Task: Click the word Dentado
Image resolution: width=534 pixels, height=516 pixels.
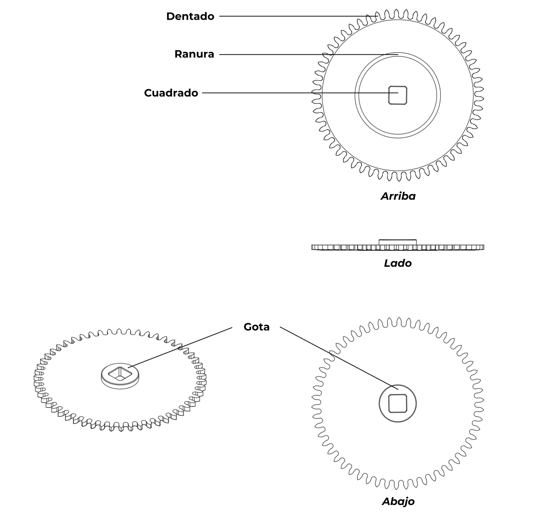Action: [190, 16]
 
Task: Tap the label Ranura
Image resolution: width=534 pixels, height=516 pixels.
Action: [194, 54]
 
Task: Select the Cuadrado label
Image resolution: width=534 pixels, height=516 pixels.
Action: [171, 93]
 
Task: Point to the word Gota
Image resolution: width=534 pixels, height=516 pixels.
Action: [256, 327]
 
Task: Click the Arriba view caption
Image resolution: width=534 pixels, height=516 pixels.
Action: [398, 196]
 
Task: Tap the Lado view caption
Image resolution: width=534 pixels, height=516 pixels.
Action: [398, 263]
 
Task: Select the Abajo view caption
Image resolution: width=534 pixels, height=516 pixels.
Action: [398, 501]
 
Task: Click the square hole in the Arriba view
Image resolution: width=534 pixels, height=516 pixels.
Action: [398, 95]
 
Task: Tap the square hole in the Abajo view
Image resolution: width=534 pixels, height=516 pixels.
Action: [398, 404]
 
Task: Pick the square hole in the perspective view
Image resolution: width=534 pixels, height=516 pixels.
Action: [120, 374]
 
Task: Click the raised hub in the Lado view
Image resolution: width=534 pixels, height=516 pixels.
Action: [398, 242]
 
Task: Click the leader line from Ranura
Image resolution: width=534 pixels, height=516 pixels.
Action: [309, 55]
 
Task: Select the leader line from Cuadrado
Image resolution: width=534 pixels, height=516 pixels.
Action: [300, 93]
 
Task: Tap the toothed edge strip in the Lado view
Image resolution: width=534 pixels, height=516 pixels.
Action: [398, 247]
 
